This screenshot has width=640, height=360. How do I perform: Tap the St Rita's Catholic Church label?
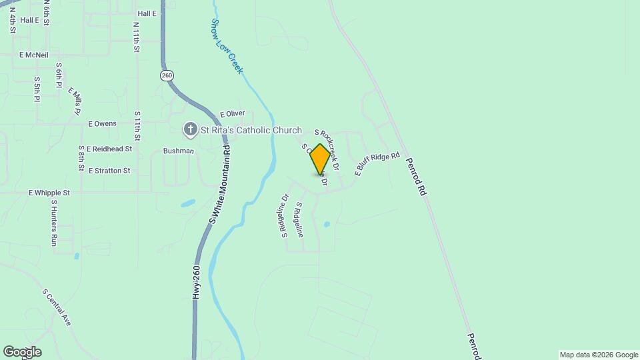point(252,131)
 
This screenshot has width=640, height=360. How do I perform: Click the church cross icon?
point(191,129)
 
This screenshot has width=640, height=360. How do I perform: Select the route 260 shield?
point(167,75)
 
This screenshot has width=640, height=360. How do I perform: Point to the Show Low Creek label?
point(227,45)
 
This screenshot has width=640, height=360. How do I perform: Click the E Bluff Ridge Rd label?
point(377,164)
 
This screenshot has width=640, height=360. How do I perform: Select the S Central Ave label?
point(57,307)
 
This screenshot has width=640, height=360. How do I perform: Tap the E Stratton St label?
point(109,171)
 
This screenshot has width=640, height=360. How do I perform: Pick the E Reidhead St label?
point(109,149)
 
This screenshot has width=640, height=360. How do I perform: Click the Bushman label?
point(178,151)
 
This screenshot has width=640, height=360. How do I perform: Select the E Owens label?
point(103,123)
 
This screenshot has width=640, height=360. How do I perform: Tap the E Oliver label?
point(233,114)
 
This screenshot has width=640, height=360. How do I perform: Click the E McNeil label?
point(34,55)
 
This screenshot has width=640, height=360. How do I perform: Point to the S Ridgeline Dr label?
point(284,216)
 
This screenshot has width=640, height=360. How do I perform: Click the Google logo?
point(22,352)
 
